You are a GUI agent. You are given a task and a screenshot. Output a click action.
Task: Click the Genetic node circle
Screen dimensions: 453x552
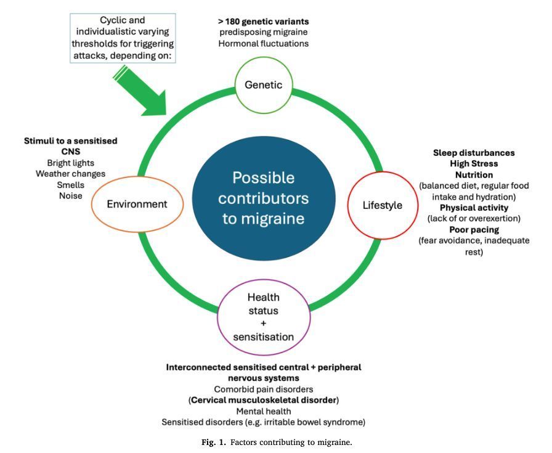pos(263,85)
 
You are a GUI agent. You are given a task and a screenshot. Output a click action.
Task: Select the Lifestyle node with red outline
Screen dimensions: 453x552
pos(382,205)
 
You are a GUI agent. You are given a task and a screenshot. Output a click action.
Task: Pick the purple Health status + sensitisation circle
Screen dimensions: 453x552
pos(263,317)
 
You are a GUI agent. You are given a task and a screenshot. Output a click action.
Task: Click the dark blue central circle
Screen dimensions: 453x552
pos(263,198)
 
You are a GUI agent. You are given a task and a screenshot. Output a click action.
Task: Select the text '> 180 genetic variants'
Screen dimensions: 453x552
pos(263,22)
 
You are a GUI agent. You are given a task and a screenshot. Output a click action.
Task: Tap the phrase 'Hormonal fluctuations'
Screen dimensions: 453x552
pos(263,44)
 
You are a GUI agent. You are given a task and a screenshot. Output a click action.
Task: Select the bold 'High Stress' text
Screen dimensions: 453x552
pos(474,164)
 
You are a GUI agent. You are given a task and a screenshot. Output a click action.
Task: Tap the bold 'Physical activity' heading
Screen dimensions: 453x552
pos(474,208)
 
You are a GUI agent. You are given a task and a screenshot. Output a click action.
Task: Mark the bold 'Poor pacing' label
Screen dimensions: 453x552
pos(474,230)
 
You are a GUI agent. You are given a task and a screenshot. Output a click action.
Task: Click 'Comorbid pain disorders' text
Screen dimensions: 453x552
pos(263,389)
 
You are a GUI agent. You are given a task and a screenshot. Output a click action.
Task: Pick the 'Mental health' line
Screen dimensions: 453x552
pos(263,411)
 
